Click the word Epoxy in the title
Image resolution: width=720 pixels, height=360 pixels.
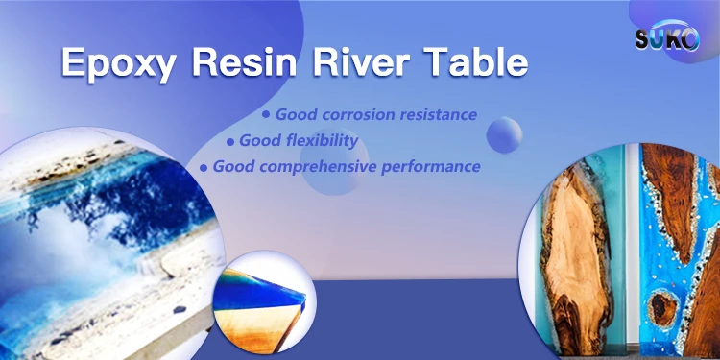(x=118, y=63)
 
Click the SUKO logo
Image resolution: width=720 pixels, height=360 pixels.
(x=667, y=36)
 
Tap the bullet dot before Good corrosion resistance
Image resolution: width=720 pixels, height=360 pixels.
(x=265, y=114)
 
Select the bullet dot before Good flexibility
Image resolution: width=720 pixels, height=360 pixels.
(x=230, y=142)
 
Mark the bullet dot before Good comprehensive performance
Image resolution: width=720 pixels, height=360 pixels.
(x=203, y=168)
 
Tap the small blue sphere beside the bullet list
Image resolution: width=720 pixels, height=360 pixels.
(x=504, y=134)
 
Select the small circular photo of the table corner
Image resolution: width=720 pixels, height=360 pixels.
(x=266, y=302)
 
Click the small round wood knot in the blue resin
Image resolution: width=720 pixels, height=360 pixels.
(x=663, y=307)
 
